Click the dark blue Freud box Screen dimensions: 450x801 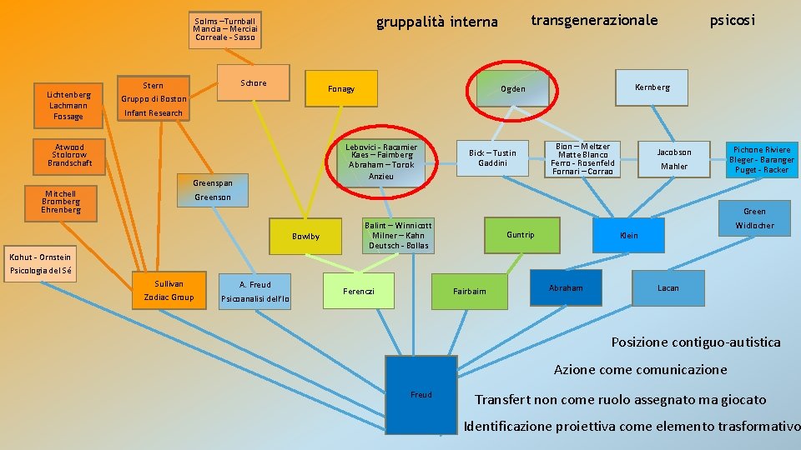[x=421, y=394]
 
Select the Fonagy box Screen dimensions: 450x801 [x=340, y=88]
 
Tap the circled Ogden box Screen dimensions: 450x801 [x=513, y=88]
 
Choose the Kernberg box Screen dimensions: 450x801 [x=652, y=87]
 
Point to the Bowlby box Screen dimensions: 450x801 [x=305, y=237]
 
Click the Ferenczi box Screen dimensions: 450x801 [x=359, y=291]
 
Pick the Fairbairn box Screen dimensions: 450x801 [x=469, y=291]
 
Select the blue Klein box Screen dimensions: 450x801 [x=628, y=236]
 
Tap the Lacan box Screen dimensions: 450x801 [x=667, y=288]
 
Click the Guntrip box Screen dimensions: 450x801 [x=520, y=235]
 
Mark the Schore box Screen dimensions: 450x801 [x=254, y=83]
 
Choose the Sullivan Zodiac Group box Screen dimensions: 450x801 [x=169, y=290]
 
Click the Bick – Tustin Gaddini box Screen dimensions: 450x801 [x=492, y=157]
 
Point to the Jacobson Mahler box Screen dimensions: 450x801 [x=673, y=159]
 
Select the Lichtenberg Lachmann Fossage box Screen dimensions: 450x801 [x=68, y=106]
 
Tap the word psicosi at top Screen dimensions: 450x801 [x=732, y=20]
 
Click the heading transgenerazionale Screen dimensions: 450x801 [x=594, y=20]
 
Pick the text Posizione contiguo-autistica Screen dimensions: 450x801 [x=696, y=342]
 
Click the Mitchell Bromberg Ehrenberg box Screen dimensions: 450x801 [x=61, y=202]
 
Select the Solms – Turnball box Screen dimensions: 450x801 [x=224, y=29]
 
